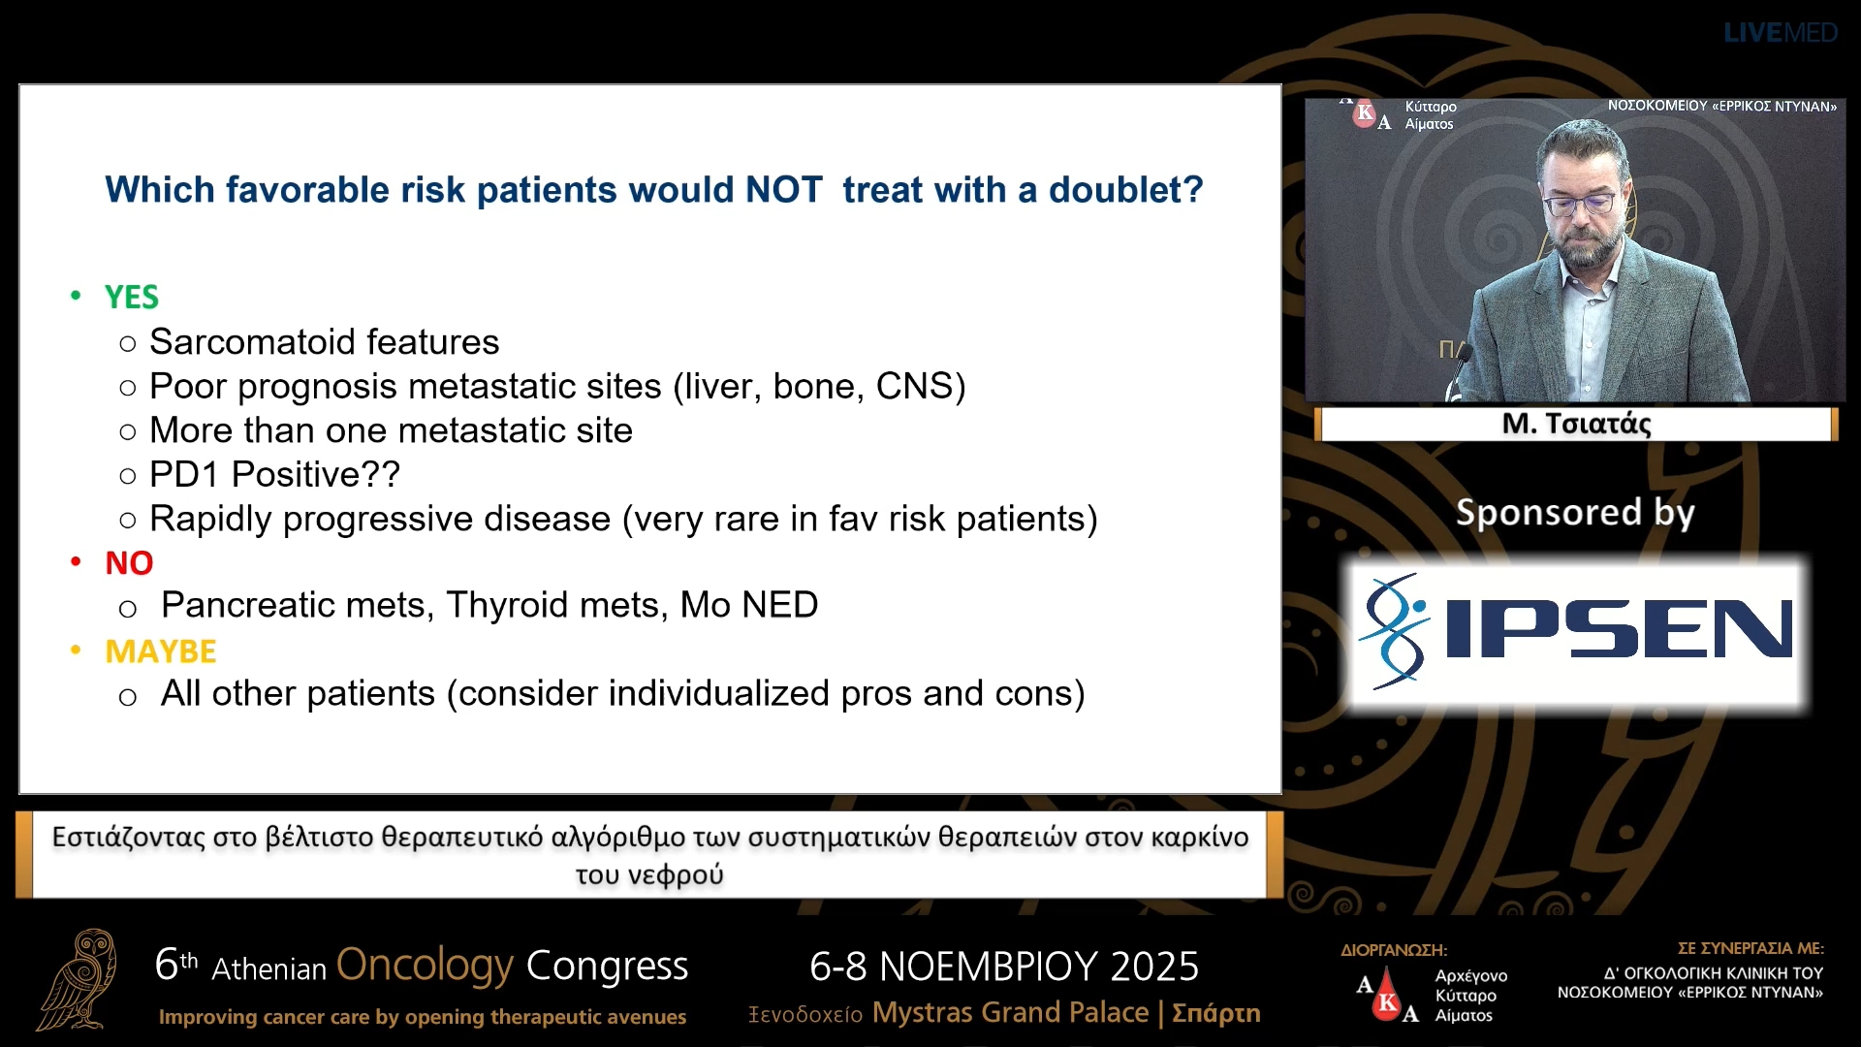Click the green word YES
click(x=132, y=297)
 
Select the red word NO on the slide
click(x=129, y=563)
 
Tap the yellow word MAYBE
click(x=161, y=651)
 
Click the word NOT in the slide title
click(x=783, y=190)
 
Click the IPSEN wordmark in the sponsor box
click(x=1619, y=629)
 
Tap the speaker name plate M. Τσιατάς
click(x=1577, y=424)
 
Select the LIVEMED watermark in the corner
click(x=1781, y=33)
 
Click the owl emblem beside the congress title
click(x=79, y=979)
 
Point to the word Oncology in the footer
click(x=425, y=966)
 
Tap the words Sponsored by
click(x=1575, y=512)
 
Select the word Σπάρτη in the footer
click(x=1216, y=1013)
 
